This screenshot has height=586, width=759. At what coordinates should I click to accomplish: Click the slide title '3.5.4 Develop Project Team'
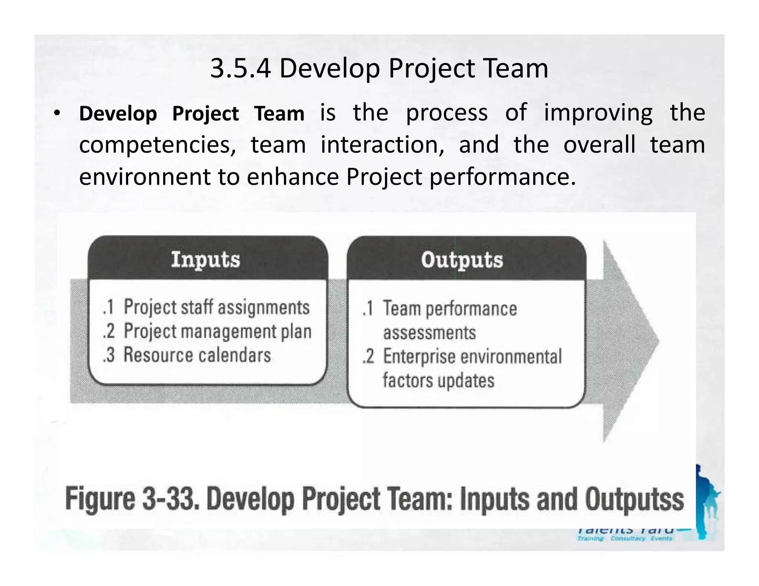379,69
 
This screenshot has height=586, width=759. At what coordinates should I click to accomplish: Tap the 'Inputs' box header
206,259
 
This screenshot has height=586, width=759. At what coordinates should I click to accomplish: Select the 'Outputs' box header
462,260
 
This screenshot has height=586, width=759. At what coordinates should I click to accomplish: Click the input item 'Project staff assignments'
216,307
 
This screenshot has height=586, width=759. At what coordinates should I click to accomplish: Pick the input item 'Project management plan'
218,331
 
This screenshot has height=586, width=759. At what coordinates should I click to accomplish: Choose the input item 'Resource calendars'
197,355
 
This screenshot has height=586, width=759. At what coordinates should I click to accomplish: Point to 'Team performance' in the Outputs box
450,309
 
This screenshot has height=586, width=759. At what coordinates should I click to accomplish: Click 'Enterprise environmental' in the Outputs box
472,356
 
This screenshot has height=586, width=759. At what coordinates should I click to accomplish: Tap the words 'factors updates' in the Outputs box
438,380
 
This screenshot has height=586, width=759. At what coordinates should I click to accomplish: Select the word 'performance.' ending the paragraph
503,177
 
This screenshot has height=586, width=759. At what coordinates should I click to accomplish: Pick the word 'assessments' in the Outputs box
429,333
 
